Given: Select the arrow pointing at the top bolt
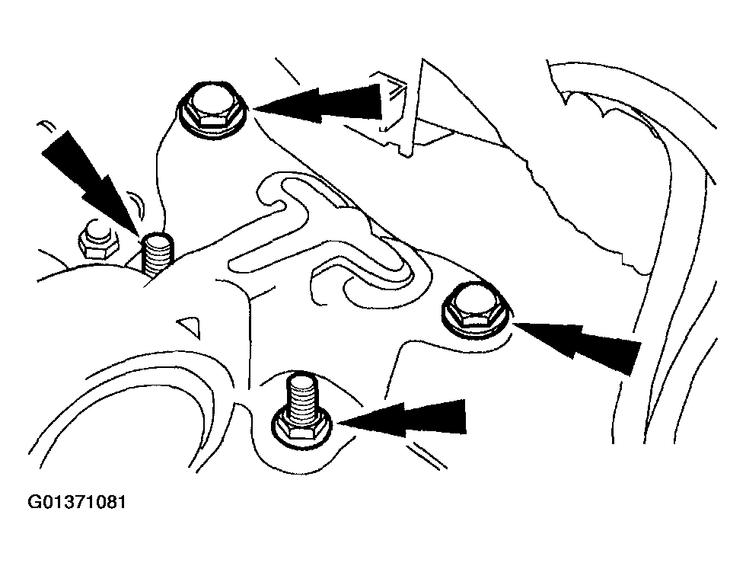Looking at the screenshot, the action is [x=318, y=104].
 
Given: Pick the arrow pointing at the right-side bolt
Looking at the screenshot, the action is [x=577, y=346].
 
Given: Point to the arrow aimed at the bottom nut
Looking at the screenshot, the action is [x=402, y=417].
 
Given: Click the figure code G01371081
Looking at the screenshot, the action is [x=76, y=503].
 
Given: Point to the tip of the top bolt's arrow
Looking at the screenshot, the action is [x=254, y=109].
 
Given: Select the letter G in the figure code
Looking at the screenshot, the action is [x=33, y=503].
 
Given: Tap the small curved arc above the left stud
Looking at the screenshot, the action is [x=139, y=203].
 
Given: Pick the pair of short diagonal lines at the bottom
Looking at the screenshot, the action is [x=426, y=455].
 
